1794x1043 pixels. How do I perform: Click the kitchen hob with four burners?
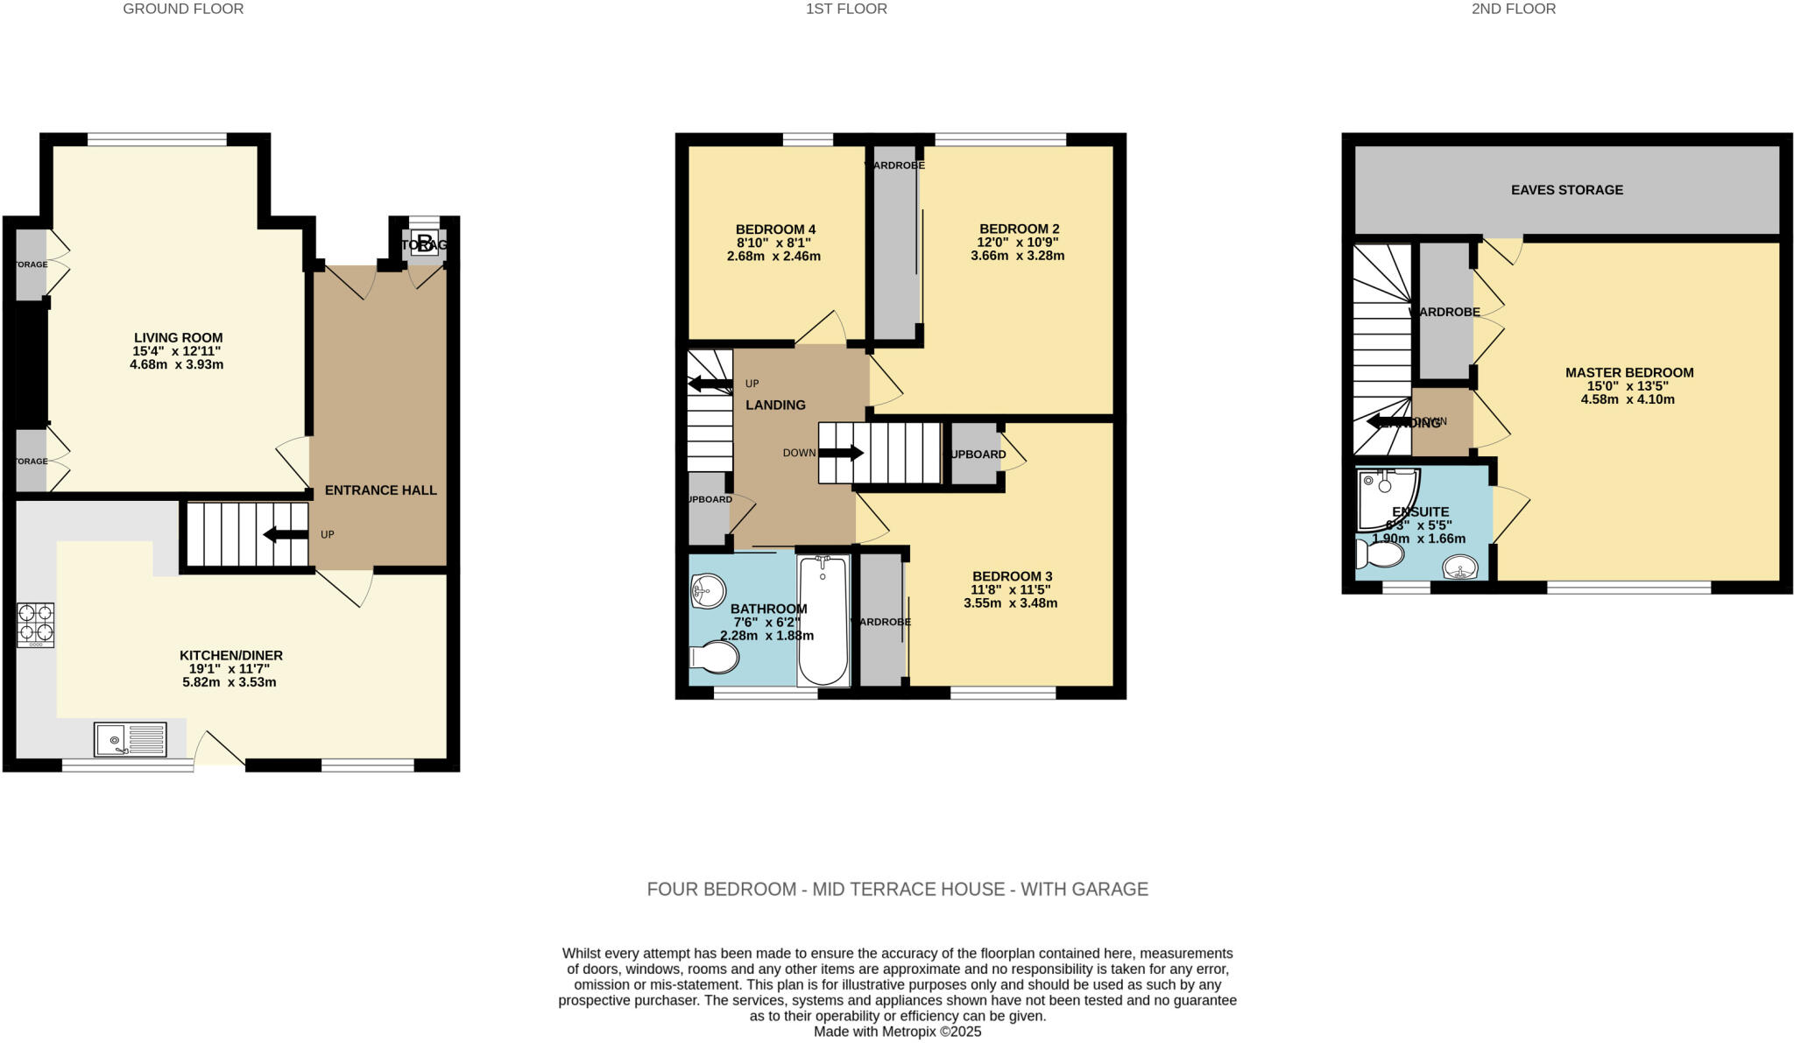(35, 624)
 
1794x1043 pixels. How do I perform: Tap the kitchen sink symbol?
(130, 739)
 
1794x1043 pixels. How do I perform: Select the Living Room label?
(178, 337)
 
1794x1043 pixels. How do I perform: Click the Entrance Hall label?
(380, 490)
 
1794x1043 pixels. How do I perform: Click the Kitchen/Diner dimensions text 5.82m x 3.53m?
(229, 682)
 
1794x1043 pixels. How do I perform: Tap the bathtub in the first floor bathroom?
(823, 621)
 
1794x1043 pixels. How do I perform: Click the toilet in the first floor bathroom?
(714, 658)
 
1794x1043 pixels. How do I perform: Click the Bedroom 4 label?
(775, 229)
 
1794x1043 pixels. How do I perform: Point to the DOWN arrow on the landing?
(840, 453)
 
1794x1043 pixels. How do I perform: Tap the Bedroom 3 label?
(1012, 576)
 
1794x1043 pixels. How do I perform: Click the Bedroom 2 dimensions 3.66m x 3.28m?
(1017, 256)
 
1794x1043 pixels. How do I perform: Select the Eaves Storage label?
(1566, 190)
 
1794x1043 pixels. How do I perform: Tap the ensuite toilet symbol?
(1379, 554)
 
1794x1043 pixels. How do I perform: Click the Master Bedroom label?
(1628, 372)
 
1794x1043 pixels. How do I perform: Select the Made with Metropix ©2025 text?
(897, 1032)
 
